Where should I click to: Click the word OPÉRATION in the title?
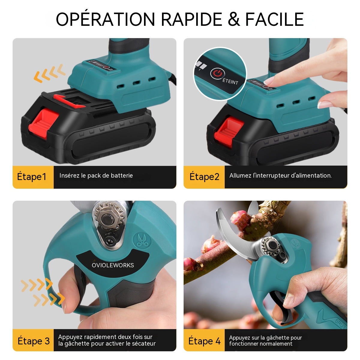pos(105,19)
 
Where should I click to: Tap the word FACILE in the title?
pos(274,19)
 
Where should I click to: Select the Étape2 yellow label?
pos(204,177)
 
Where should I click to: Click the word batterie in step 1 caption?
pos(121,175)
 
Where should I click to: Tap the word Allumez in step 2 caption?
pos(240,175)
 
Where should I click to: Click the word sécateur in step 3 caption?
pos(142,343)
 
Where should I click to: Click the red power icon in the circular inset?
pos(217,73)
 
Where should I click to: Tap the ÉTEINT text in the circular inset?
pos(230,82)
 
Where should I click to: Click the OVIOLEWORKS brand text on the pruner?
pos(113,265)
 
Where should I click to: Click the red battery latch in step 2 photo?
pos(229,131)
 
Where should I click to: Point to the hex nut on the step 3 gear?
pos(108,218)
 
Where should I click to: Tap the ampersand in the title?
pos(234,19)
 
